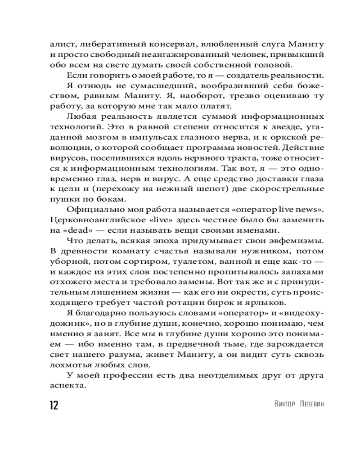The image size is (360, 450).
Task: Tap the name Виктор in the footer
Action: click(x=285, y=404)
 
